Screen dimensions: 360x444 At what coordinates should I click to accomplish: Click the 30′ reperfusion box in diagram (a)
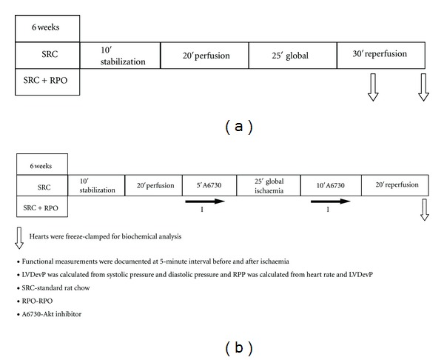click(x=380, y=56)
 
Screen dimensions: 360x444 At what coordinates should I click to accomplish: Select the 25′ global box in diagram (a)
click(x=292, y=56)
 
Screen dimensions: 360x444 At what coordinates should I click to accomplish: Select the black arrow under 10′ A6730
click(x=330, y=201)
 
